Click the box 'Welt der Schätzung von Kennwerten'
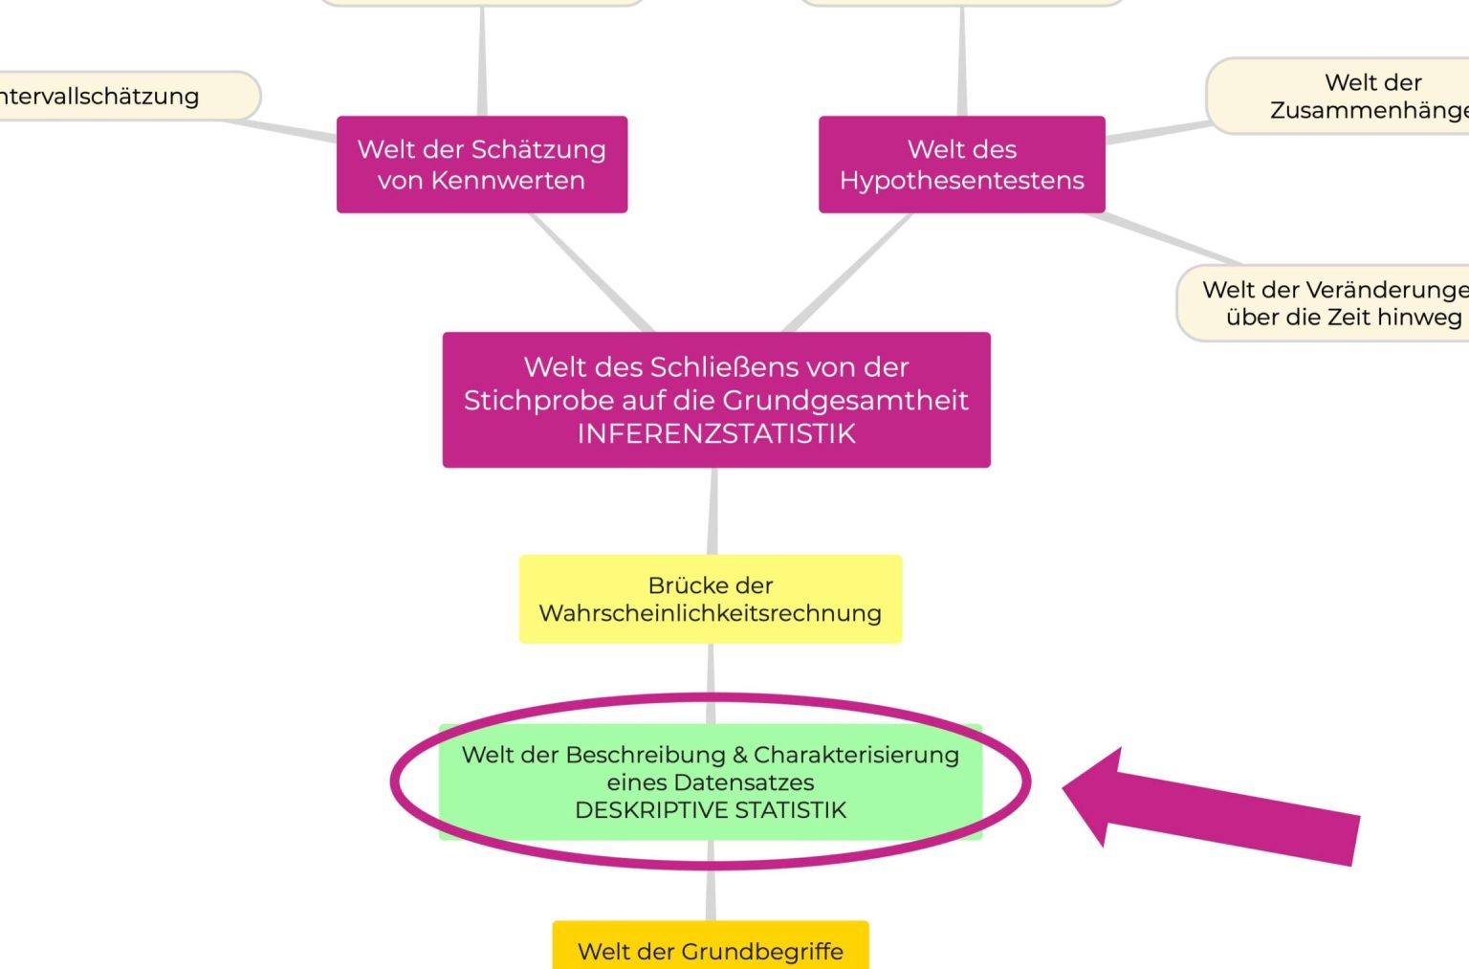(x=482, y=165)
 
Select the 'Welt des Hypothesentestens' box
(x=961, y=165)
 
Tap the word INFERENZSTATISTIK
(x=716, y=433)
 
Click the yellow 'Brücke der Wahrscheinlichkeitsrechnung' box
(x=710, y=599)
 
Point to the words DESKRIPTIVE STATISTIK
(x=711, y=810)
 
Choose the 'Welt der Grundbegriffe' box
(x=711, y=950)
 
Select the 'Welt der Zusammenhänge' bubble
(x=1358, y=96)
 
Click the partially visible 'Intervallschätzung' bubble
(x=115, y=96)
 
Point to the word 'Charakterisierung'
(x=856, y=755)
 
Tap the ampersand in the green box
(x=739, y=755)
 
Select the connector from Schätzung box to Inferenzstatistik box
(x=591, y=273)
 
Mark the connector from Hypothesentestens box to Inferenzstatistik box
(x=847, y=273)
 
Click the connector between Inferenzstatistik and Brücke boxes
(x=713, y=511)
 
